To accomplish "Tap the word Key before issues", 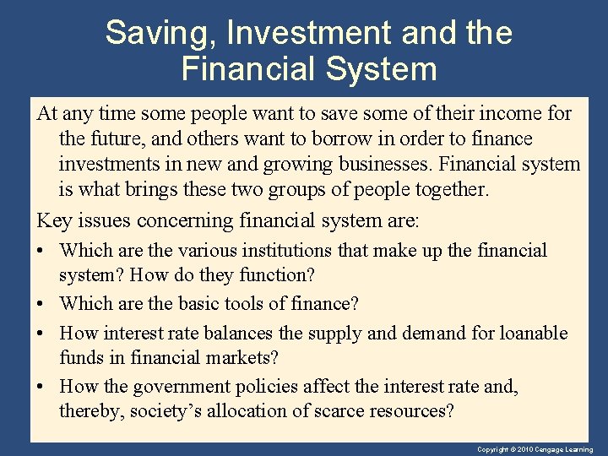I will click(54, 220).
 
